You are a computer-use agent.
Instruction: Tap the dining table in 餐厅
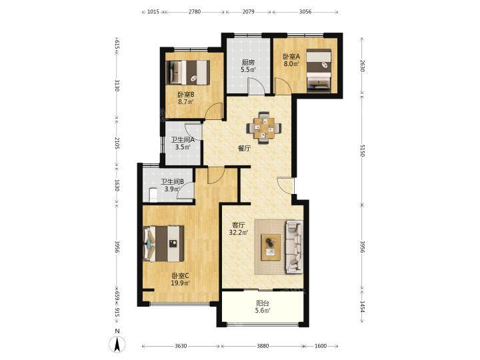point(264,128)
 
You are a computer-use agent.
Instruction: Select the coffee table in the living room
point(271,247)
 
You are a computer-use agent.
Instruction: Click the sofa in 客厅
point(295,247)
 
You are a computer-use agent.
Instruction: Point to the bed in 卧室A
point(319,70)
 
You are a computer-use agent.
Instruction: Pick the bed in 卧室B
point(187,72)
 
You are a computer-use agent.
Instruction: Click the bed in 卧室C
point(163,244)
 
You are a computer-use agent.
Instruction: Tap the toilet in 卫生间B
point(153,195)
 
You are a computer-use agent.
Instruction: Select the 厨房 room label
point(248,63)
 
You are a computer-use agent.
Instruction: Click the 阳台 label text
point(263,303)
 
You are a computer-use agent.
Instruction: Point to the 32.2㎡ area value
point(239,233)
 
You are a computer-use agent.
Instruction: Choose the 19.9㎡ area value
point(180,283)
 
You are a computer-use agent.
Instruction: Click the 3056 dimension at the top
point(305,12)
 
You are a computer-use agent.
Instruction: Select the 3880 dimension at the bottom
point(263,346)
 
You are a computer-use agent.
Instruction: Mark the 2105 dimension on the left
point(116,143)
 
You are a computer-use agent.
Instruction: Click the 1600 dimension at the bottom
point(321,346)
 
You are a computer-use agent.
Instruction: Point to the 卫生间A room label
point(183,140)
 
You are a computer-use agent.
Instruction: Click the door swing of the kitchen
point(257,86)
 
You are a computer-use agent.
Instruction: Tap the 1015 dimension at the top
point(153,12)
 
